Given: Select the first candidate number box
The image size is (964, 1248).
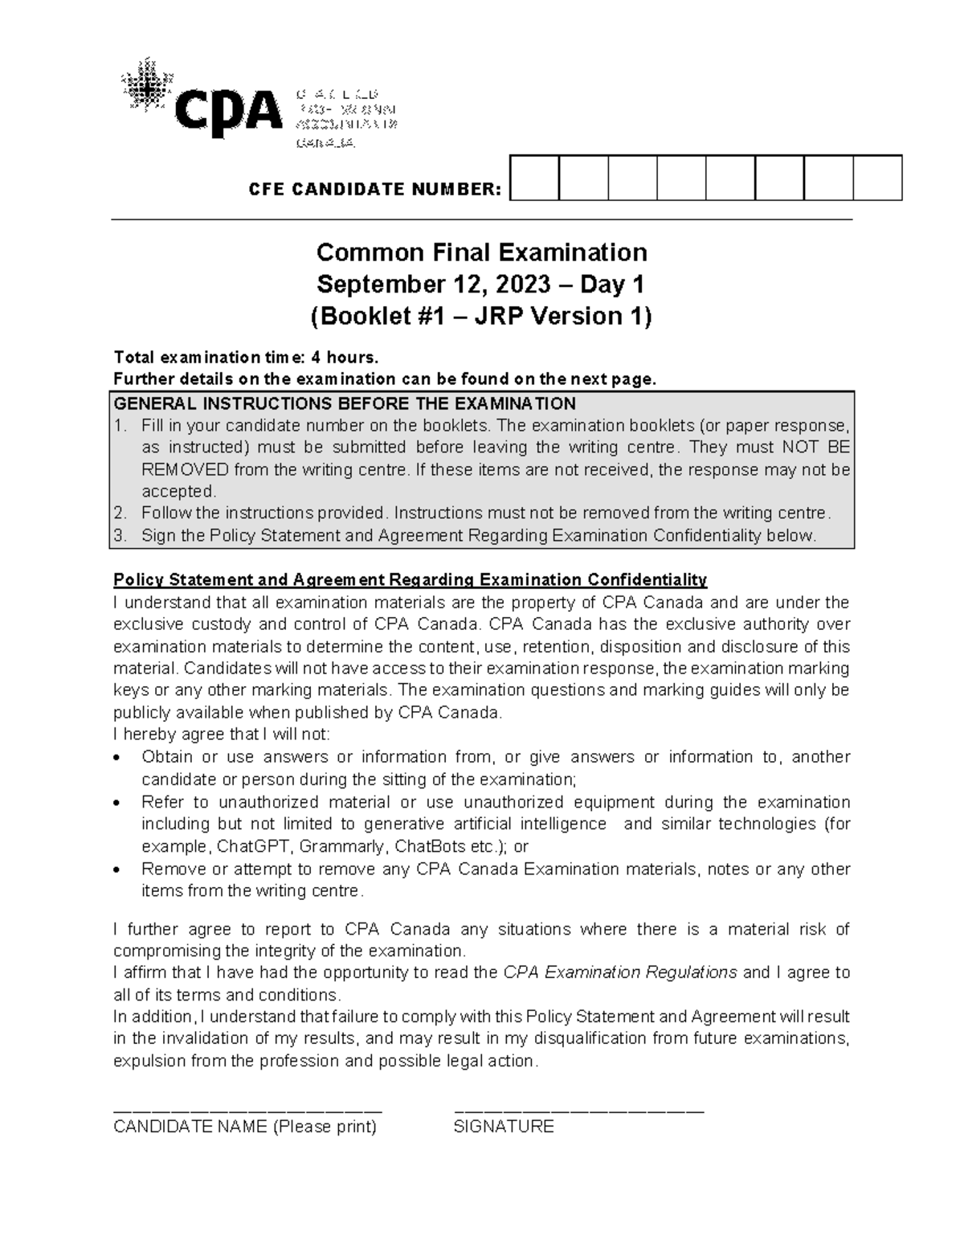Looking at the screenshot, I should pos(534,178).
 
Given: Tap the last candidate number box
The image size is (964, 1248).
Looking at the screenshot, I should pos(877,178).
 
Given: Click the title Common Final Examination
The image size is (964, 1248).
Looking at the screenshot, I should pos(481,252).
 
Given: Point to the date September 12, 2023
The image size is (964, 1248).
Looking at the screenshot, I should pos(445,284).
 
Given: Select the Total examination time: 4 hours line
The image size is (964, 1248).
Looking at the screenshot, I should pos(244,358).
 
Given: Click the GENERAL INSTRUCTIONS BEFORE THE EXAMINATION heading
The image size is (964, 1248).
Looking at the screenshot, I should pos(345,403).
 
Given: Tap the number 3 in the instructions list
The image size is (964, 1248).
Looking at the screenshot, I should pos(119,536).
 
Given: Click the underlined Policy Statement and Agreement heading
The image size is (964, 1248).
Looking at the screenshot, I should pos(410,580).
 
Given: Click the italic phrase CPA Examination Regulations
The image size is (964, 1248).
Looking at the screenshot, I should pos(619,972).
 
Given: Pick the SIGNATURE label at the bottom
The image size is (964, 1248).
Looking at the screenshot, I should pos(504,1127).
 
